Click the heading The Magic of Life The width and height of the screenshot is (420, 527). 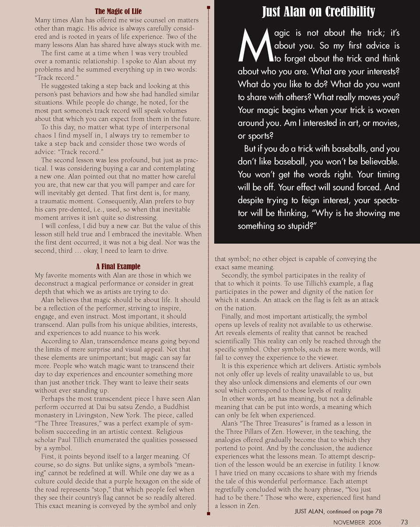click(118, 11)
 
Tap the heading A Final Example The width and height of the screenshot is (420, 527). click(118, 267)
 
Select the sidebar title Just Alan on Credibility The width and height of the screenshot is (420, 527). click(318, 12)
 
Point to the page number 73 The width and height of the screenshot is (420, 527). click(404, 522)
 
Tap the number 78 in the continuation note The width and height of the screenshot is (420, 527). click(378, 511)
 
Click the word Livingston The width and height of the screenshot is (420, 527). click(91, 407)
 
